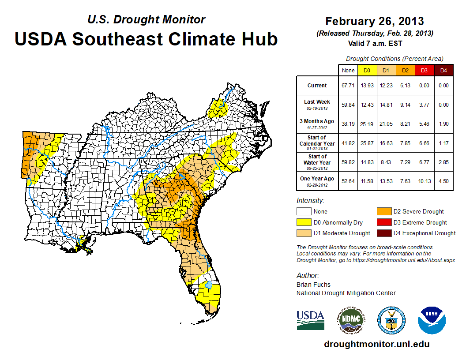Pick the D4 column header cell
443,70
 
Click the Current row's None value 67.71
348,86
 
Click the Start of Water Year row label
317,159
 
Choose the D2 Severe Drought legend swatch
383,211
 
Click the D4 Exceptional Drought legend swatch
383,233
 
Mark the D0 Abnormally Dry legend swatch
304,222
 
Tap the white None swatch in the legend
304,211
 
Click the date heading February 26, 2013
374,21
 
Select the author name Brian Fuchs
313,285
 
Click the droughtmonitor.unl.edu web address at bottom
376,344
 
